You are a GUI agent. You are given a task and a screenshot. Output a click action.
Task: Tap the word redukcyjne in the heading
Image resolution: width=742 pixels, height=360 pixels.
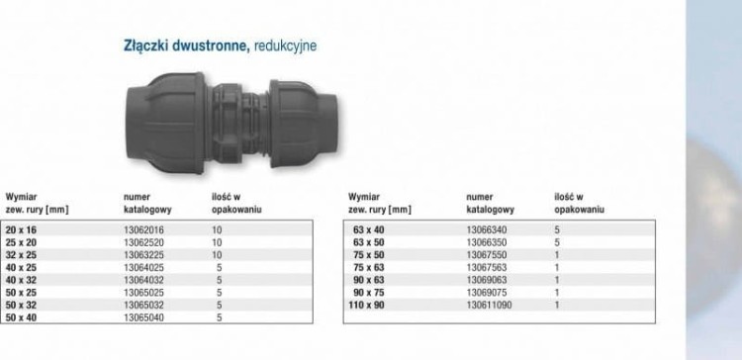coord(285,45)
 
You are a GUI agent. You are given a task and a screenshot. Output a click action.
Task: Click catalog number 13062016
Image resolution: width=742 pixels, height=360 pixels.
coord(143,230)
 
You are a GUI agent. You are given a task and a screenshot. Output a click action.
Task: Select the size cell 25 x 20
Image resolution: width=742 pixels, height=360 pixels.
coord(21,242)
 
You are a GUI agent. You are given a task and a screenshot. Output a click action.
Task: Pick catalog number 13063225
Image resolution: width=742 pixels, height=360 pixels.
coord(143,255)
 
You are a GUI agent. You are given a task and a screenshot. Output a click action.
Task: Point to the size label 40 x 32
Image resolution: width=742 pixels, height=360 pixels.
coord(21,280)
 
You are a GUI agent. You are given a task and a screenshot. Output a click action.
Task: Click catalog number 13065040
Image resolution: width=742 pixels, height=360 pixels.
coord(143,317)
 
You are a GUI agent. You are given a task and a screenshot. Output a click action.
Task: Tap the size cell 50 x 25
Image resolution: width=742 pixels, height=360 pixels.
coord(21,293)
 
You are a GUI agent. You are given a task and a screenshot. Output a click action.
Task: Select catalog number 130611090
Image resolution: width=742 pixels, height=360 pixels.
coord(490,306)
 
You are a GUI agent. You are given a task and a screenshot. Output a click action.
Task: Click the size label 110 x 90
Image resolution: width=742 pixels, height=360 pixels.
coord(366,306)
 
